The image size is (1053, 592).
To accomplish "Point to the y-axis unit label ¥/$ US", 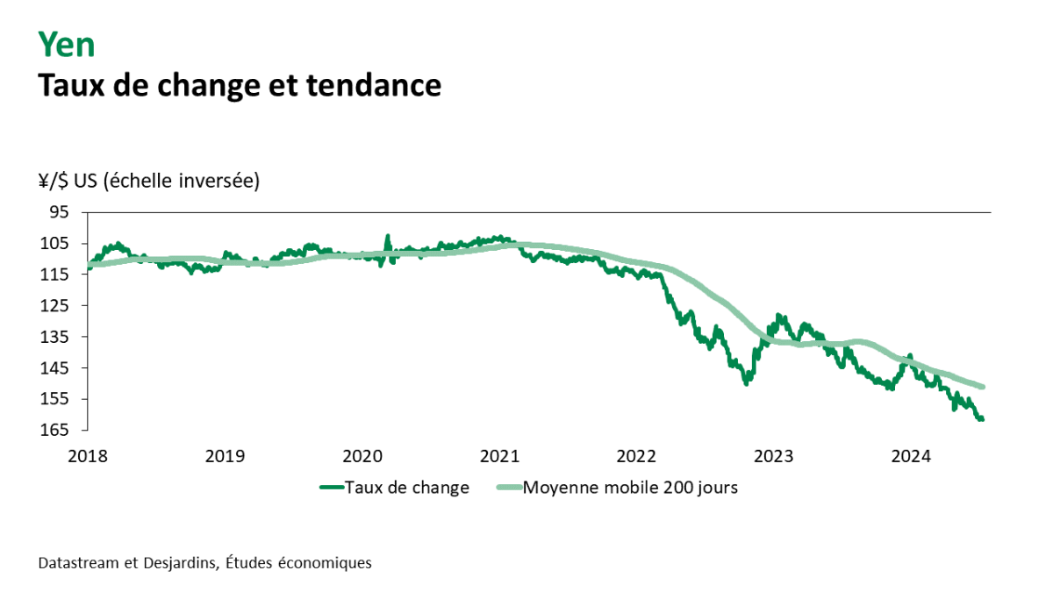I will (x=69, y=181).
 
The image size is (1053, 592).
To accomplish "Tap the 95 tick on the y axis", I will (x=59, y=212).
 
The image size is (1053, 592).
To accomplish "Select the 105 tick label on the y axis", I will (x=55, y=244).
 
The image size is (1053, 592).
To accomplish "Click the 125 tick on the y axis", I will (x=55, y=306).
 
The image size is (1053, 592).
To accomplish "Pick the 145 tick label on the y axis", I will (x=55, y=368).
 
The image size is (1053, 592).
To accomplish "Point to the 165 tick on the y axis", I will (x=55, y=431).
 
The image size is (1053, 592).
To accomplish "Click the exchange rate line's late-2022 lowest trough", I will (x=747, y=383).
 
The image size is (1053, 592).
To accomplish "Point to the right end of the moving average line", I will (x=984, y=387).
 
